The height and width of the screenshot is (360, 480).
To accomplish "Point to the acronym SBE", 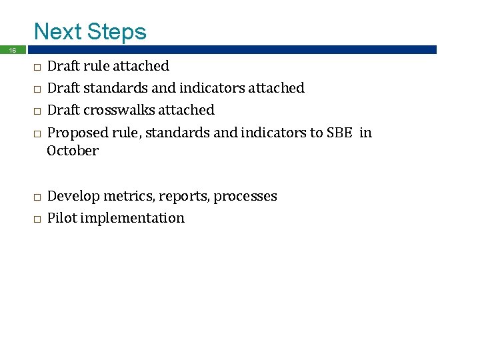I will coord(339,133).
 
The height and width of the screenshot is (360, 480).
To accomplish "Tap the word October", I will coord(73,151).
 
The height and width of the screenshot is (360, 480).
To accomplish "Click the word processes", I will coord(245,196).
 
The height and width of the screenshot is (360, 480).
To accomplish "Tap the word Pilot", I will coord(62,218).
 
